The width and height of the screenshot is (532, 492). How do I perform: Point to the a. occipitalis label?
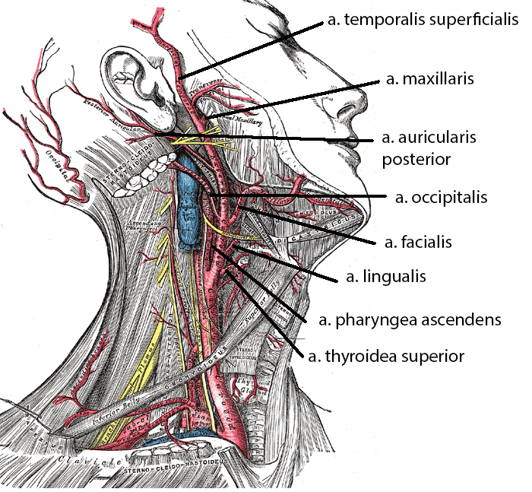441,198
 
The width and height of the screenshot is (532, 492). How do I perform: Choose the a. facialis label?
418,243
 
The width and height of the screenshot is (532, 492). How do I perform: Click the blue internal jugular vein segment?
190,202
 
